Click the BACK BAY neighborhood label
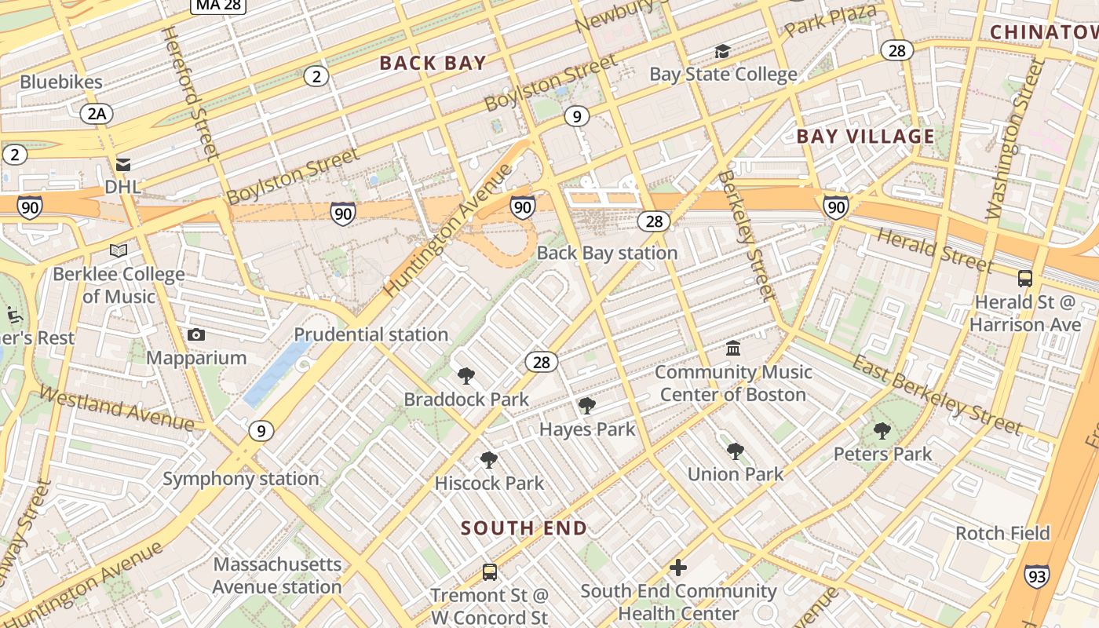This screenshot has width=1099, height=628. (433, 64)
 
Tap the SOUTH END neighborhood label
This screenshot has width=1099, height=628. (524, 528)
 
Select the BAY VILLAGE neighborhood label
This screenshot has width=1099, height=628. (866, 137)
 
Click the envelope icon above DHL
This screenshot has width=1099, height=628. (123, 165)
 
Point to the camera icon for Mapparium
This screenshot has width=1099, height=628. (196, 335)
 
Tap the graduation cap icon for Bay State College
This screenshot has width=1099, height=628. (722, 52)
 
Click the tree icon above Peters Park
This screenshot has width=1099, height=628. (882, 431)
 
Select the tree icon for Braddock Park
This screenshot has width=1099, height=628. (466, 376)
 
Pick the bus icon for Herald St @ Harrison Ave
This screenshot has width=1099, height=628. (1024, 279)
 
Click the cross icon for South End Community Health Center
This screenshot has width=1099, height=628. (678, 568)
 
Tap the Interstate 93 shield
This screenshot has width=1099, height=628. (1036, 576)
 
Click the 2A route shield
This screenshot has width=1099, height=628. (97, 114)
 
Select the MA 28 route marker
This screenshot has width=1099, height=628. (218, 5)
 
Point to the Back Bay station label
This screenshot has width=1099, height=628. (607, 253)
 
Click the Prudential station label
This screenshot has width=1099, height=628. (371, 334)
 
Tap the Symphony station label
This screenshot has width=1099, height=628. (240, 479)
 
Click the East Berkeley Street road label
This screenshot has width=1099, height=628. (937, 394)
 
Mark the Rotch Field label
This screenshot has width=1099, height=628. (1002, 534)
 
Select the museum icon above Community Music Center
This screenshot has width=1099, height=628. (733, 349)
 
